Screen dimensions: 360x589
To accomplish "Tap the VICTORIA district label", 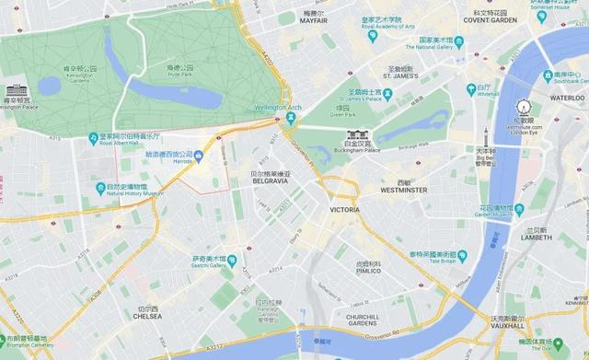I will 345,210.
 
